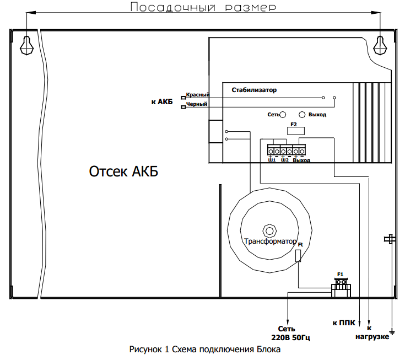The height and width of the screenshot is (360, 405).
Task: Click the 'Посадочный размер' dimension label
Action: [202, 7]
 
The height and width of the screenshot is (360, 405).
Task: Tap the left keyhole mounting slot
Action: [26, 45]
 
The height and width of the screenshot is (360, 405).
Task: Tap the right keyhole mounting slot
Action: [380, 45]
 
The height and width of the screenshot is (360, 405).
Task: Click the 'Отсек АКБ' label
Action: [123, 171]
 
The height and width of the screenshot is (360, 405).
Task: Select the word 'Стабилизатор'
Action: [254, 89]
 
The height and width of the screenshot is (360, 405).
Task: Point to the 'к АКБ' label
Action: [161, 101]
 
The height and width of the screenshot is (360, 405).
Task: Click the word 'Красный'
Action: [197, 95]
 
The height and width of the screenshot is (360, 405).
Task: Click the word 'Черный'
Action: [197, 104]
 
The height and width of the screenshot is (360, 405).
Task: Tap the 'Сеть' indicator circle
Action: [283, 115]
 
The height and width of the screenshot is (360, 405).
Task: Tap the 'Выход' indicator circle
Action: [302, 115]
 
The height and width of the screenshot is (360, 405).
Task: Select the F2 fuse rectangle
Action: [294, 131]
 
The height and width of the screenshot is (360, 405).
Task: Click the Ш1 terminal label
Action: [272, 160]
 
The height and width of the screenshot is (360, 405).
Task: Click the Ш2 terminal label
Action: [284, 160]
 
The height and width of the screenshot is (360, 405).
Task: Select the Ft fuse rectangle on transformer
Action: [299, 255]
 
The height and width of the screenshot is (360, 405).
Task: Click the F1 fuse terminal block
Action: [341, 286]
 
